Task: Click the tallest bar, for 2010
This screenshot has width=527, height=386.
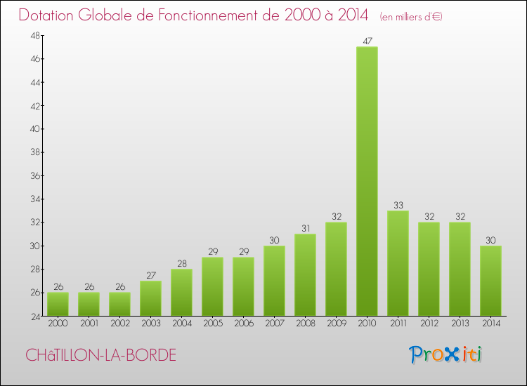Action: coord(367,181)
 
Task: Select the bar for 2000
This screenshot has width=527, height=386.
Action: coord(58,304)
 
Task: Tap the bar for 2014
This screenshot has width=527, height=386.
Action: coord(490,281)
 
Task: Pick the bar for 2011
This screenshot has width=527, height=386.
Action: coord(398,263)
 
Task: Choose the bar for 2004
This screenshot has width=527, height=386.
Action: coord(181,293)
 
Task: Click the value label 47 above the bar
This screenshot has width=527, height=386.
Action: coord(367,41)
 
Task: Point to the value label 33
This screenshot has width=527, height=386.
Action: coord(398,205)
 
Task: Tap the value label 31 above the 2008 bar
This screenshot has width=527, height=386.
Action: coord(305,228)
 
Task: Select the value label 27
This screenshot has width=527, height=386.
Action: coord(150,275)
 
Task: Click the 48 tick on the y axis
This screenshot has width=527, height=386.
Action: coord(34,36)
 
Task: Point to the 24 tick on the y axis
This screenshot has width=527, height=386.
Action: coord(34,316)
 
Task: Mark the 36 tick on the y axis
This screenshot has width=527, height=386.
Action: coord(34,175)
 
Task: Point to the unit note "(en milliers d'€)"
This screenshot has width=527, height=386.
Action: coord(411,16)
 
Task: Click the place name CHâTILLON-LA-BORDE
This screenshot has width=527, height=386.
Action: coord(100,355)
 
